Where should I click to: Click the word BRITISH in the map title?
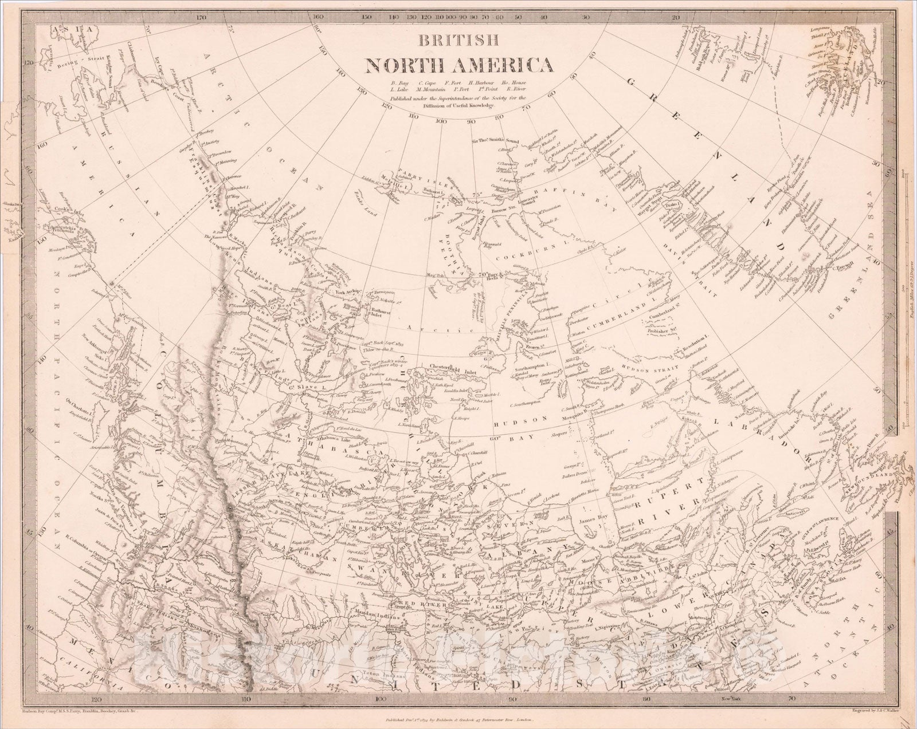pyautogui.click(x=458, y=40)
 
